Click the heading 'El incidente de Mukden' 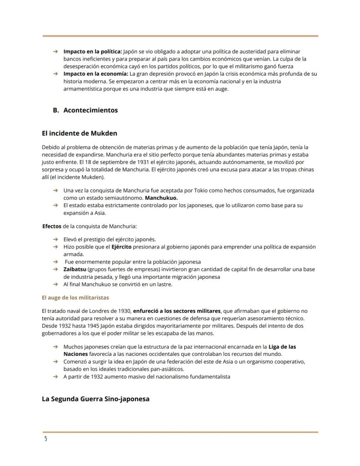coord(79,133)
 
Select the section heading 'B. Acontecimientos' coord(85,110)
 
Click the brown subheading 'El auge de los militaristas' coord(75,298)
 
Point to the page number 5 coord(45,438)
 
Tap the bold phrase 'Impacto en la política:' coord(93,51)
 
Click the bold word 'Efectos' coord(52,226)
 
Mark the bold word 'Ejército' coord(122,247)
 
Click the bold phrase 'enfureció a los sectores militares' coord(177,311)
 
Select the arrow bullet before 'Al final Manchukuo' coord(55,284)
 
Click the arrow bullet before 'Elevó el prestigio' coord(55,239)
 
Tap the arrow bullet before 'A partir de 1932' coord(55,377)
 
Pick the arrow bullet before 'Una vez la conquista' coord(55,191)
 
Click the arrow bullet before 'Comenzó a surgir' coord(55,362)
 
